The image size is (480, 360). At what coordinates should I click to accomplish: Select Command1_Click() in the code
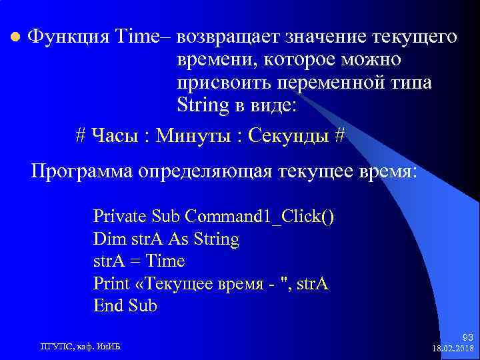coord(260,216)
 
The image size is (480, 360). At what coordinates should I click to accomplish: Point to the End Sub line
coord(125,307)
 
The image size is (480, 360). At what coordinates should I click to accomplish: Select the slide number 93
coord(467,338)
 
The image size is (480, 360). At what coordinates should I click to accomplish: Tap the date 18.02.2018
coord(453,349)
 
